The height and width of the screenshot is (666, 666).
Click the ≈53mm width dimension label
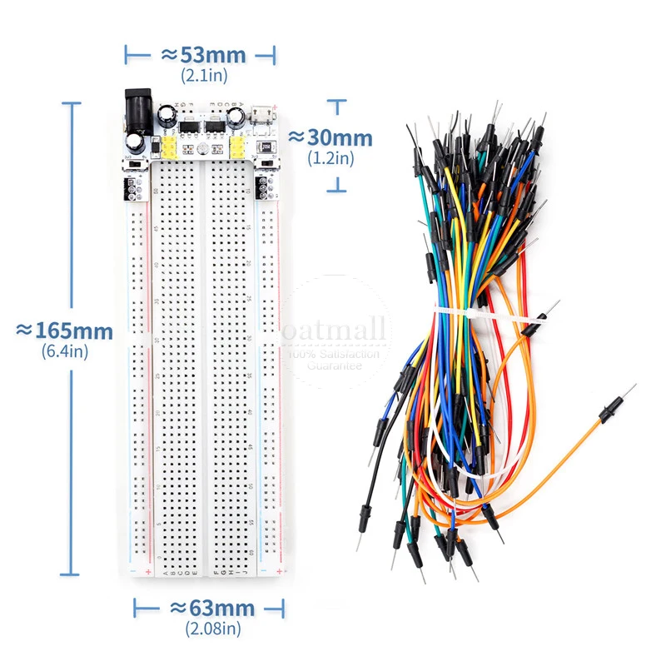pos(202,55)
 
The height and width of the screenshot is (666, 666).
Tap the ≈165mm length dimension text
pos(65,331)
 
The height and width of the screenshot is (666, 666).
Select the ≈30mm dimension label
pos(331,137)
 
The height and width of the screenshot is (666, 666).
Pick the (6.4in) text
pos(65,350)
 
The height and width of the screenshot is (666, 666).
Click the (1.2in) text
pos(331,157)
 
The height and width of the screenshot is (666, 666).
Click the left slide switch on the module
pos(133,187)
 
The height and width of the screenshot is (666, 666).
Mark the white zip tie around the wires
pos(483,316)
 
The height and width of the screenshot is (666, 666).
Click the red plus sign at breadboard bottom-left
pos(148,573)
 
